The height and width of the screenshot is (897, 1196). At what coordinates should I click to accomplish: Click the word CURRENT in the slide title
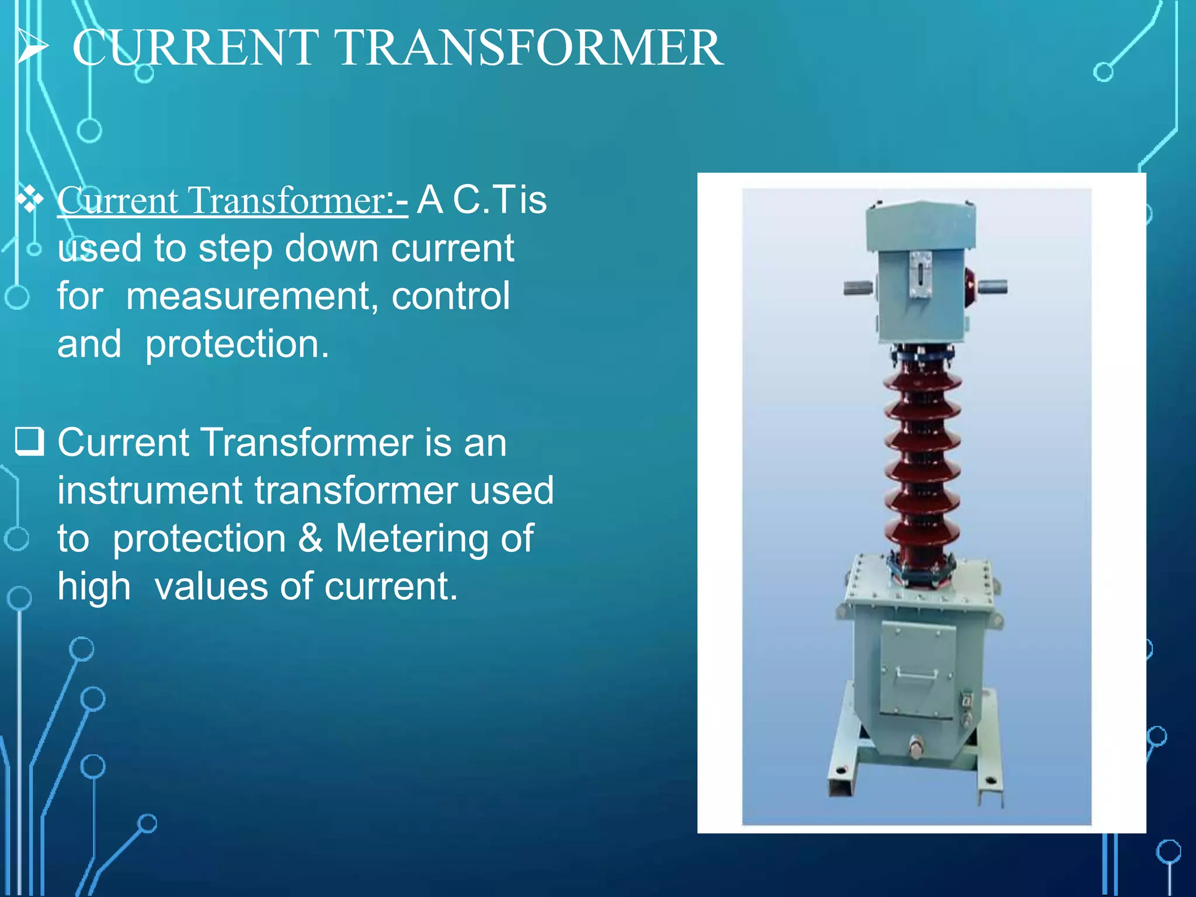(x=196, y=48)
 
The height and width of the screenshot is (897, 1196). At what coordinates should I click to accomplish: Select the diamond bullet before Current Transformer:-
(x=30, y=200)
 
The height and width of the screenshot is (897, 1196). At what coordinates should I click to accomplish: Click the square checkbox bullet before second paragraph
(x=29, y=441)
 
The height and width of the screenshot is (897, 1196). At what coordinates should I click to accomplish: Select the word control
(x=450, y=295)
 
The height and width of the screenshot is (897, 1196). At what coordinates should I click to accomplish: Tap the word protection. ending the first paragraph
(x=237, y=345)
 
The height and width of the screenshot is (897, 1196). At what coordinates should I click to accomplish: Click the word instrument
(x=149, y=490)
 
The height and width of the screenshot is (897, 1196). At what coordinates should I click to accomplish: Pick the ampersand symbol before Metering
(x=310, y=538)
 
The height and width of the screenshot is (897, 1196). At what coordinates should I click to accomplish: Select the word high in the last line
(x=93, y=587)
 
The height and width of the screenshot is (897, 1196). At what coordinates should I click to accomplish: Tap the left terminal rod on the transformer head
(x=858, y=287)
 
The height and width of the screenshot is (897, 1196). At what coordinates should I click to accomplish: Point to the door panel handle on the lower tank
(x=917, y=675)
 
